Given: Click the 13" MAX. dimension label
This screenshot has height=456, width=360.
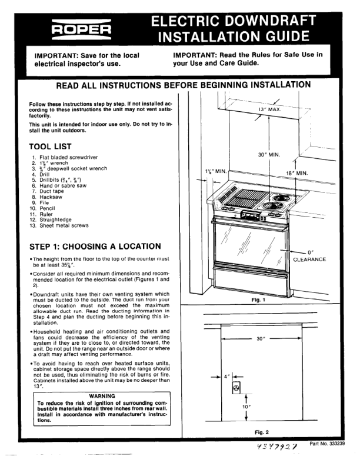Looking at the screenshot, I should [272, 109].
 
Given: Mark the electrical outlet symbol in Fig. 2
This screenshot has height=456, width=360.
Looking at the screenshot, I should [236, 388].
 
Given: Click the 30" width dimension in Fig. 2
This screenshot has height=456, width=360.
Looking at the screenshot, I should [262, 339].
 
